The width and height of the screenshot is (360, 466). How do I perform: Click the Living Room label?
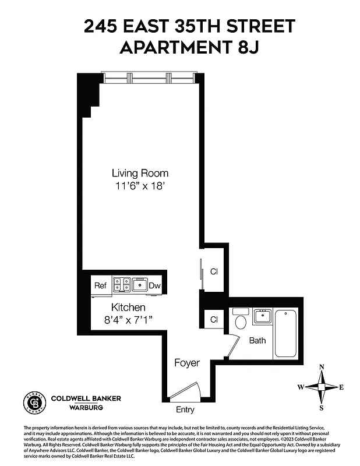[140, 173]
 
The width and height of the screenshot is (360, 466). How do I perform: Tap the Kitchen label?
[128, 307]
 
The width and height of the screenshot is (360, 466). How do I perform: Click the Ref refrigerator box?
[100, 285]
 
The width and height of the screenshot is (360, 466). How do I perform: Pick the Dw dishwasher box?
[154, 285]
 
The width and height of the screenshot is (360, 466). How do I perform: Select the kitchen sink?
[139, 285]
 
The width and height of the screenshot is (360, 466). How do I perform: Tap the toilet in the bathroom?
[239, 322]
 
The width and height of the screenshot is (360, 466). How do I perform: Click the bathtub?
[285, 334]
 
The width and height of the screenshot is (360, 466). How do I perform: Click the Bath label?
[257, 340]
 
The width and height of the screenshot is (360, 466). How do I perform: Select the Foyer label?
[186, 363]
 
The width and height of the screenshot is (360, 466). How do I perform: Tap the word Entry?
[185, 409]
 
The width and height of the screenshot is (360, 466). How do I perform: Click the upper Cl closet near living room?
[214, 271]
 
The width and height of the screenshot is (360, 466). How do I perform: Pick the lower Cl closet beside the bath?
[214, 319]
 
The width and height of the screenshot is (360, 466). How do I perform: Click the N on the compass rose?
[322, 367]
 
